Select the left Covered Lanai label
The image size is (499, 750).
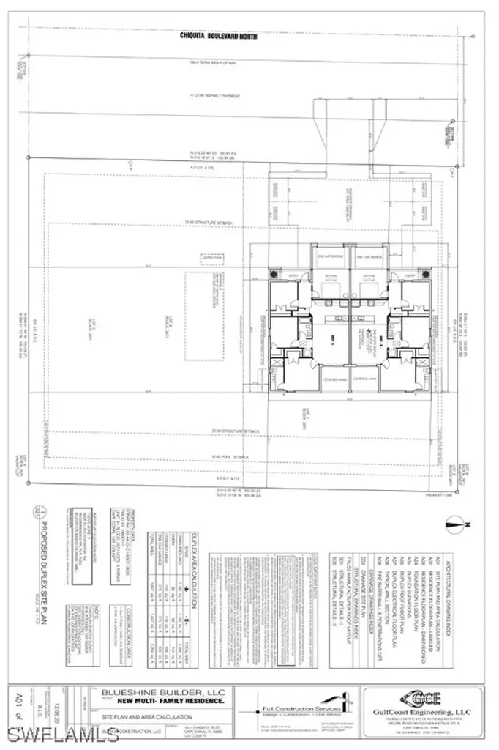[327, 379]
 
